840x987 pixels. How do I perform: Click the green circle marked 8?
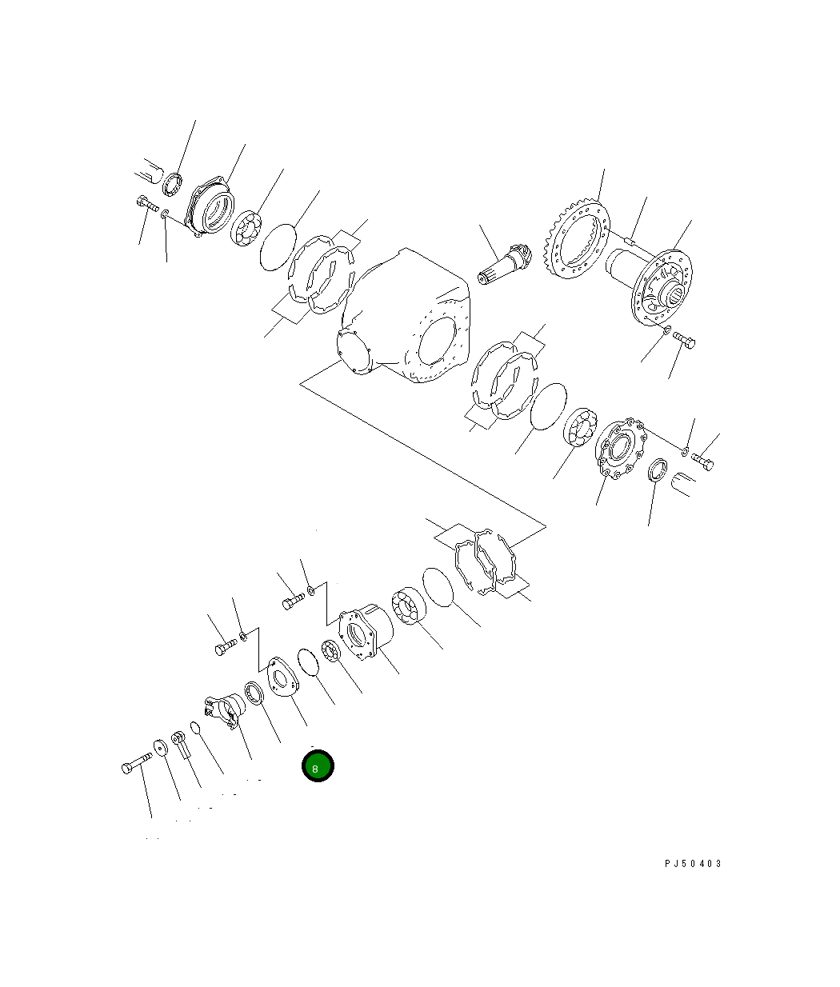[x=317, y=766]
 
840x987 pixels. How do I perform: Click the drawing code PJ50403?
[x=692, y=864]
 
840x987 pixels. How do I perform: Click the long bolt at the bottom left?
[x=137, y=762]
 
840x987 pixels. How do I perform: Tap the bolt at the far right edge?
[x=703, y=462]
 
